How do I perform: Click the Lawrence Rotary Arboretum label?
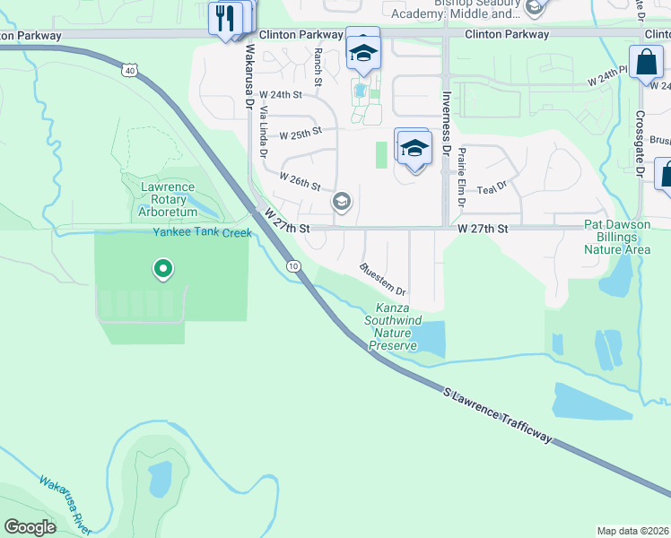pyautogui.click(x=167, y=199)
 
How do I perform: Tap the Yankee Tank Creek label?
pyautogui.click(x=202, y=232)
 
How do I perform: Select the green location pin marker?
pyautogui.click(x=162, y=268)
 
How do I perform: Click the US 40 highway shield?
pyautogui.click(x=131, y=69)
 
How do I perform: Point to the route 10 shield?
pyautogui.click(x=293, y=266)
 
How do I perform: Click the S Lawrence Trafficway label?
pyautogui.click(x=496, y=415)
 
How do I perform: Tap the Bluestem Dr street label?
pyautogui.click(x=383, y=280)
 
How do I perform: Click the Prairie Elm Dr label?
pyautogui.click(x=461, y=177)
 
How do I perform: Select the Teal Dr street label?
pyautogui.click(x=492, y=188)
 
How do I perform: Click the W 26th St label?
pyautogui.click(x=301, y=182)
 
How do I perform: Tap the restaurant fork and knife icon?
pyautogui.click(x=225, y=17)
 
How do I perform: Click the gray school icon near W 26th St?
pyautogui.click(x=341, y=201)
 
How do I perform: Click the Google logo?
pyautogui.click(x=30, y=527)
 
